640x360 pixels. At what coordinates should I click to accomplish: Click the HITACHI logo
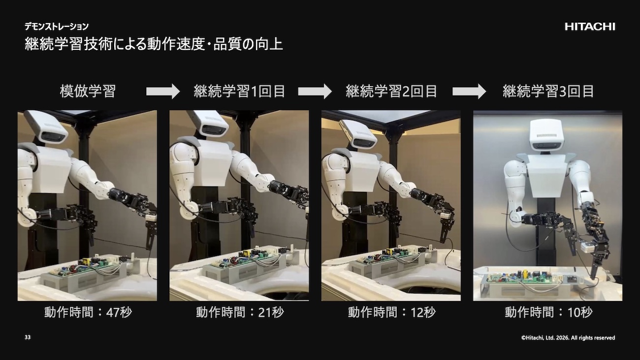click(x=590, y=27)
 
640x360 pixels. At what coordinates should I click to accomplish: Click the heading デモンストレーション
click(x=57, y=27)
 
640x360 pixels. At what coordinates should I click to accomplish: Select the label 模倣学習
click(x=88, y=92)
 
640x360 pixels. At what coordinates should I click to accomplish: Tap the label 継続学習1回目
click(x=239, y=92)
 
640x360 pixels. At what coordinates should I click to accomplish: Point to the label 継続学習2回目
click(x=391, y=92)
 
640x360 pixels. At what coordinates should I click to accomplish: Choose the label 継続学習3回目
click(x=548, y=92)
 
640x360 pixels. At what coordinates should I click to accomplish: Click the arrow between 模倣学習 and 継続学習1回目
click(x=163, y=92)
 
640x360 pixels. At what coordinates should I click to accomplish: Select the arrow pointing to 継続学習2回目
click(x=315, y=92)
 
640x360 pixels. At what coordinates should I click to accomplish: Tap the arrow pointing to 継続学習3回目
click(x=469, y=92)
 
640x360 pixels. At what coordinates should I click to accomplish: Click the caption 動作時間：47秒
click(x=88, y=312)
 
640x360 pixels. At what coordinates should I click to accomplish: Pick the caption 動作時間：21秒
click(x=240, y=312)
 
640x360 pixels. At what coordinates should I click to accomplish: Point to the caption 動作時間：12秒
click(x=392, y=312)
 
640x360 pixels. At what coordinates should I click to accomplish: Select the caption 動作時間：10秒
click(x=548, y=312)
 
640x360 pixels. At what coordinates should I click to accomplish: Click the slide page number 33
click(x=28, y=337)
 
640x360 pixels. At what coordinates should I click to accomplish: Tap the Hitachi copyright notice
click(x=568, y=338)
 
